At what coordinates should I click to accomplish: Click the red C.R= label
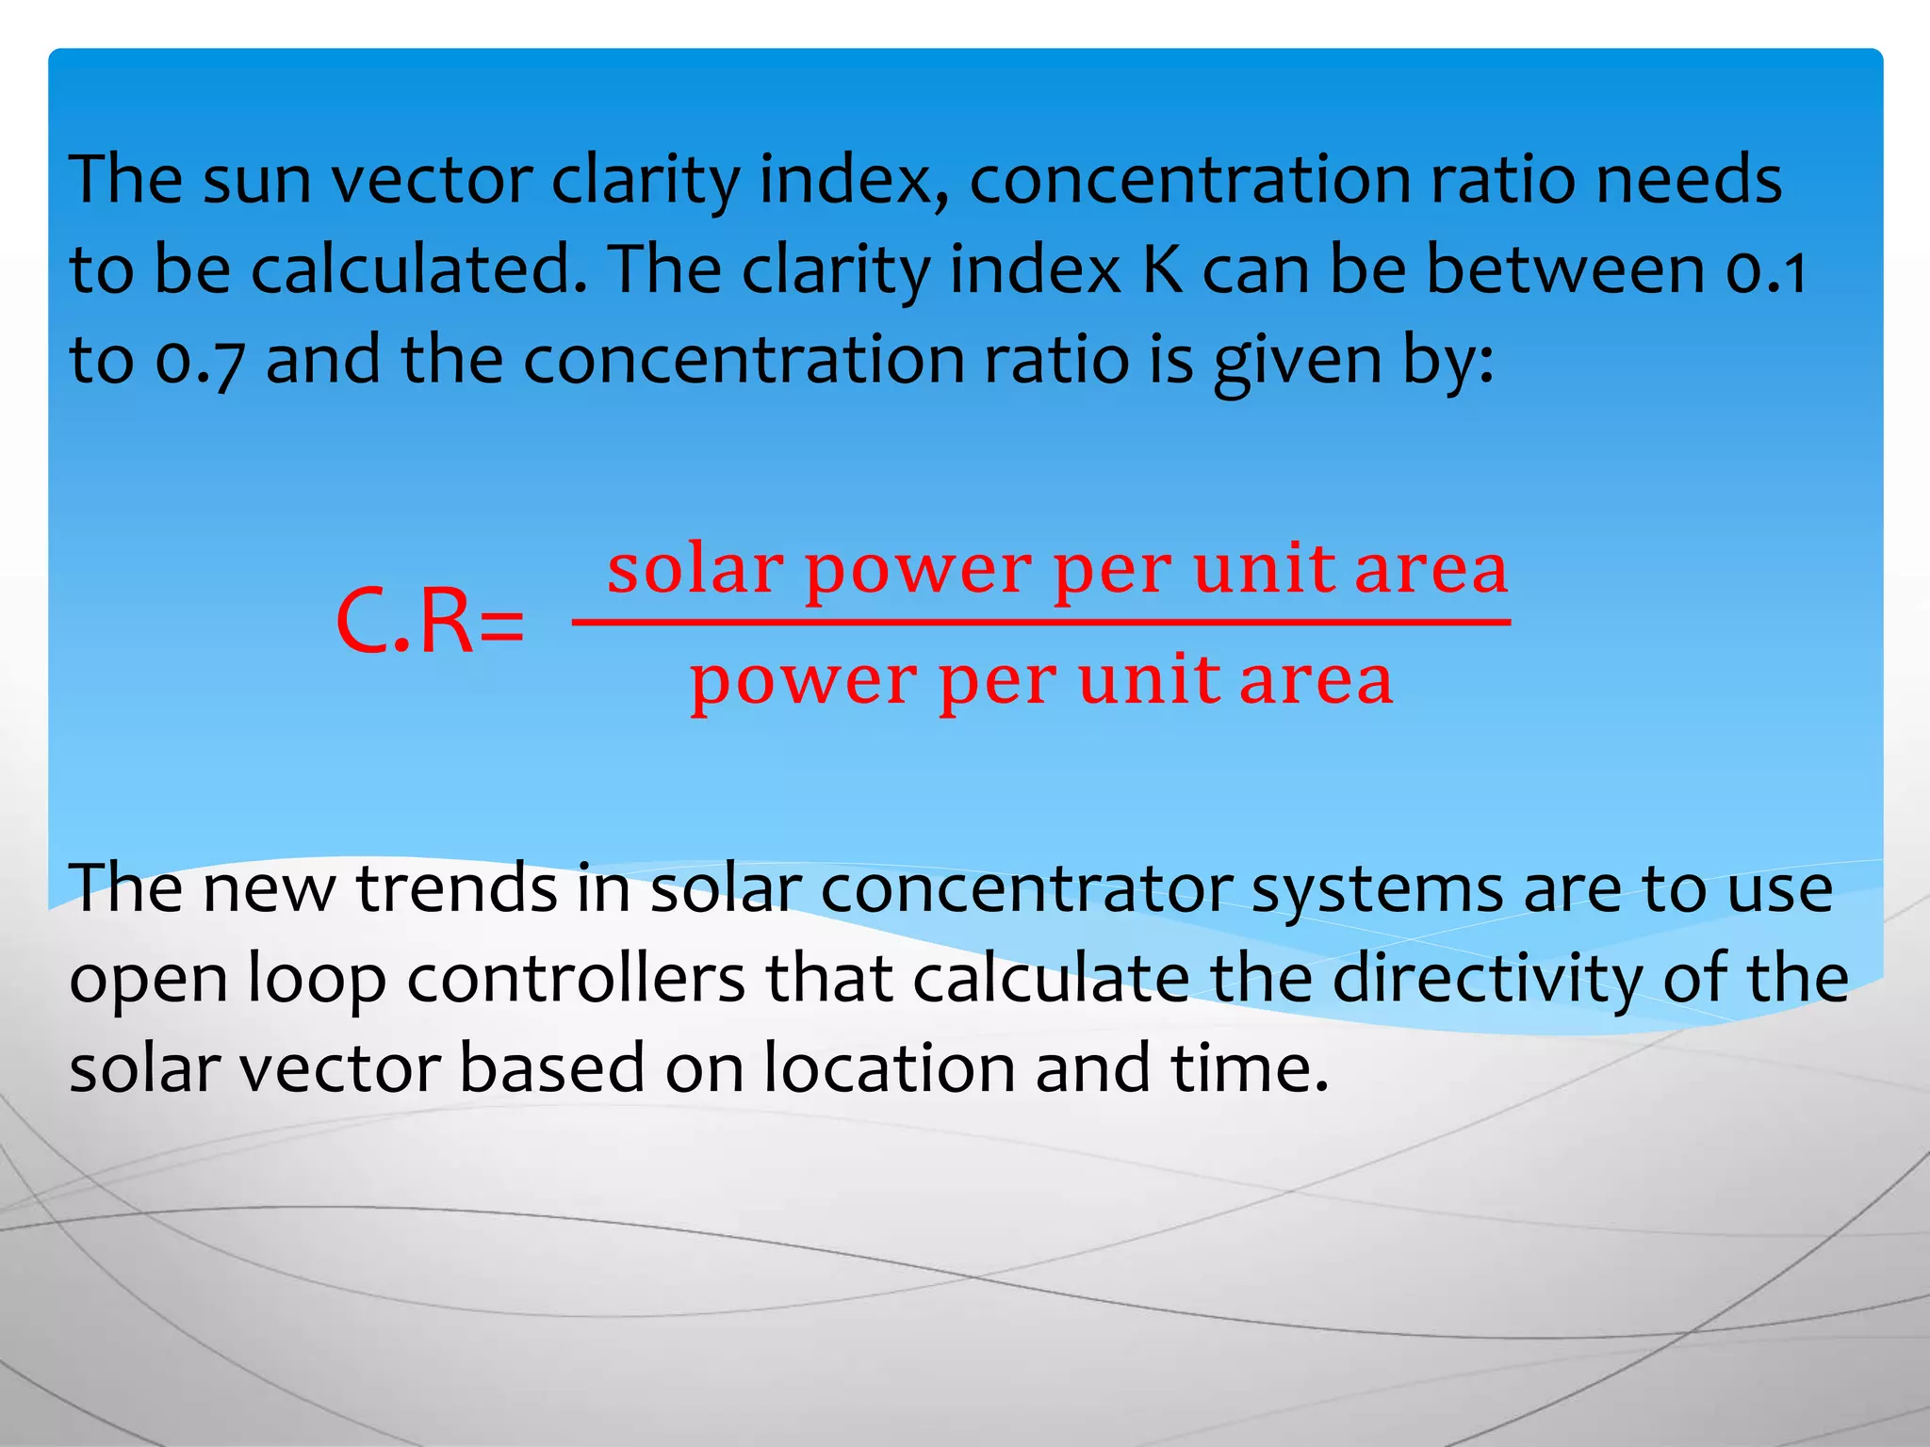click(x=430, y=623)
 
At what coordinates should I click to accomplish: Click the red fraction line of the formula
click(x=1041, y=622)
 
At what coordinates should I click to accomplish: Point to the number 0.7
click(x=199, y=361)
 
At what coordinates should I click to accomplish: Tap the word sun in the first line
click(x=256, y=180)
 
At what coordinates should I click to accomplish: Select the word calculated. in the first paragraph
click(x=424, y=270)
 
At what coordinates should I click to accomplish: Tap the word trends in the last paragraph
click(x=456, y=888)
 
